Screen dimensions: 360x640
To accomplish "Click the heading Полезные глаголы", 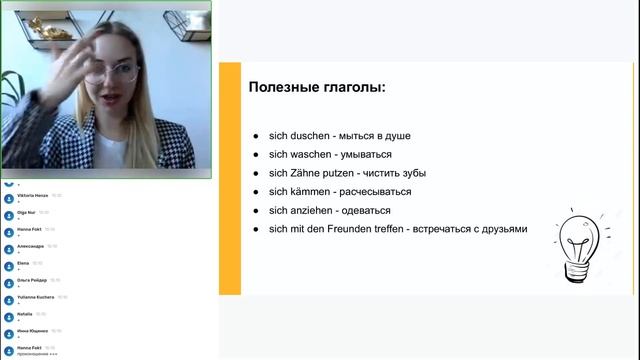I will pos(316,88).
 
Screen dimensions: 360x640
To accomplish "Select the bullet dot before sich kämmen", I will pos(256,192).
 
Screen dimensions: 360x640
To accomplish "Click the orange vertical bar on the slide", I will pos(230,178).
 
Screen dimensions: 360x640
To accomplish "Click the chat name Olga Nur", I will pos(26,212).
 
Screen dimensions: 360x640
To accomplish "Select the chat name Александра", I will pos(31,246).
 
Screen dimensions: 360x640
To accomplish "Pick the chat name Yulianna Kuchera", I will pos(35,297).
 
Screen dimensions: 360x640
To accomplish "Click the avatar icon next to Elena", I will pos(8,266).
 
